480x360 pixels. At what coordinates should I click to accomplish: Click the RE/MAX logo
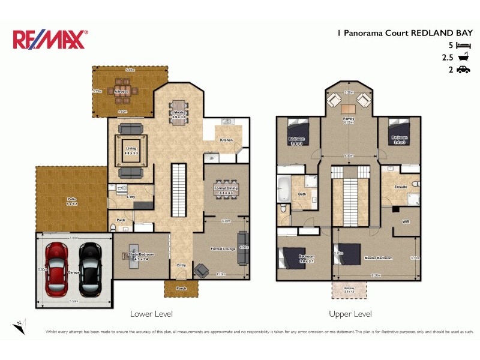click(x=50, y=40)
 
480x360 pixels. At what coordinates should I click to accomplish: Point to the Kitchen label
click(x=226, y=140)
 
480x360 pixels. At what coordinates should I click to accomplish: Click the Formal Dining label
click(x=225, y=190)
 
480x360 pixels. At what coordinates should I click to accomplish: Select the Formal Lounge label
click(x=221, y=248)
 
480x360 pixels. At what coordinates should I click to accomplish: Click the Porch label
click(x=181, y=289)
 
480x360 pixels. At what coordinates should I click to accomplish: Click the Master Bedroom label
click(x=379, y=258)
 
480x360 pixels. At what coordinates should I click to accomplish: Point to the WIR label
click(x=406, y=221)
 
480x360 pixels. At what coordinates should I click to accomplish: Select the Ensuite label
click(x=400, y=187)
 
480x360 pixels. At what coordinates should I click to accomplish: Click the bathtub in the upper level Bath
click(x=283, y=190)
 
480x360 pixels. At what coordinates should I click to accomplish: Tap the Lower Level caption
click(x=151, y=314)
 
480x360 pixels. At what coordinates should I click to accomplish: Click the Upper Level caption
click(x=350, y=314)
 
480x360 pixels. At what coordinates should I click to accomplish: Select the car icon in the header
click(x=463, y=70)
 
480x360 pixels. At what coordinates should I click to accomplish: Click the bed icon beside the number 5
click(x=463, y=46)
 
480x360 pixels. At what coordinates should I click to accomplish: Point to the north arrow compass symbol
click(x=19, y=325)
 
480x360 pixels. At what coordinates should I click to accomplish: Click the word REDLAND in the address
click(x=430, y=34)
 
